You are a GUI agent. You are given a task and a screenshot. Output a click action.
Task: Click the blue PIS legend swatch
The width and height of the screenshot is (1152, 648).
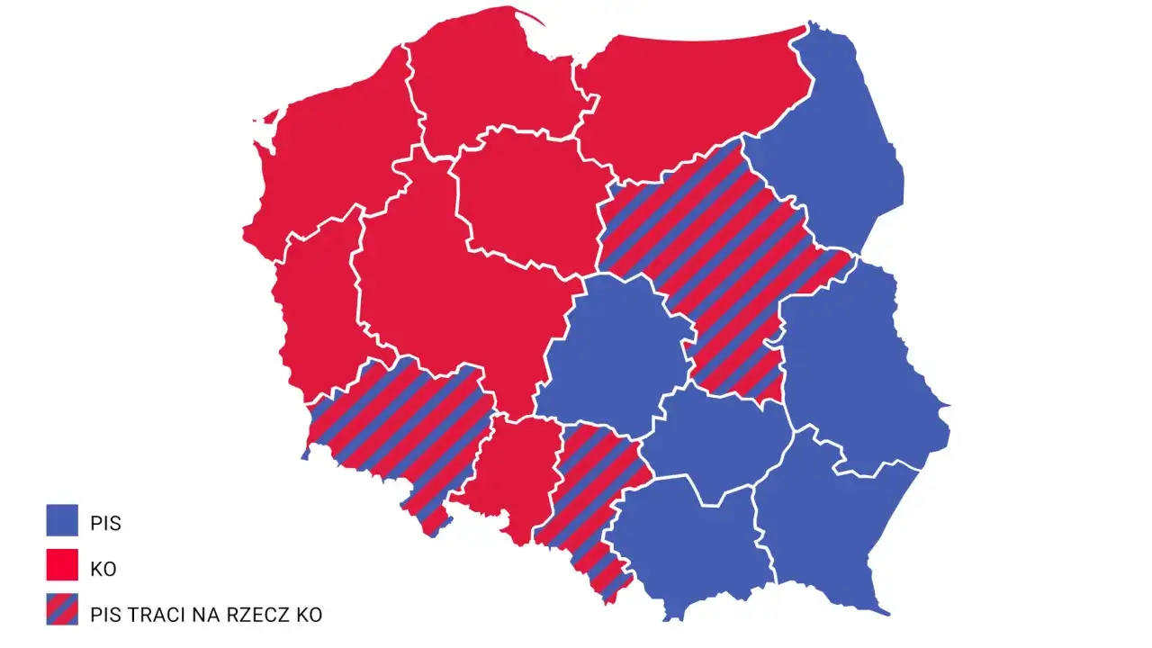tap(62, 520)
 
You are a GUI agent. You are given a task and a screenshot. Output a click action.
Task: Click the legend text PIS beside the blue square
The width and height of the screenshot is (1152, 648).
tap(105, 523)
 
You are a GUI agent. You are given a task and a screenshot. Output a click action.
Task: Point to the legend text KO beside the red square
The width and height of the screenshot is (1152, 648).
tap(103, 569)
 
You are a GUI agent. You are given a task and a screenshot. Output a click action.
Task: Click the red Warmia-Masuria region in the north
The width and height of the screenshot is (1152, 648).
tap(693, 99)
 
